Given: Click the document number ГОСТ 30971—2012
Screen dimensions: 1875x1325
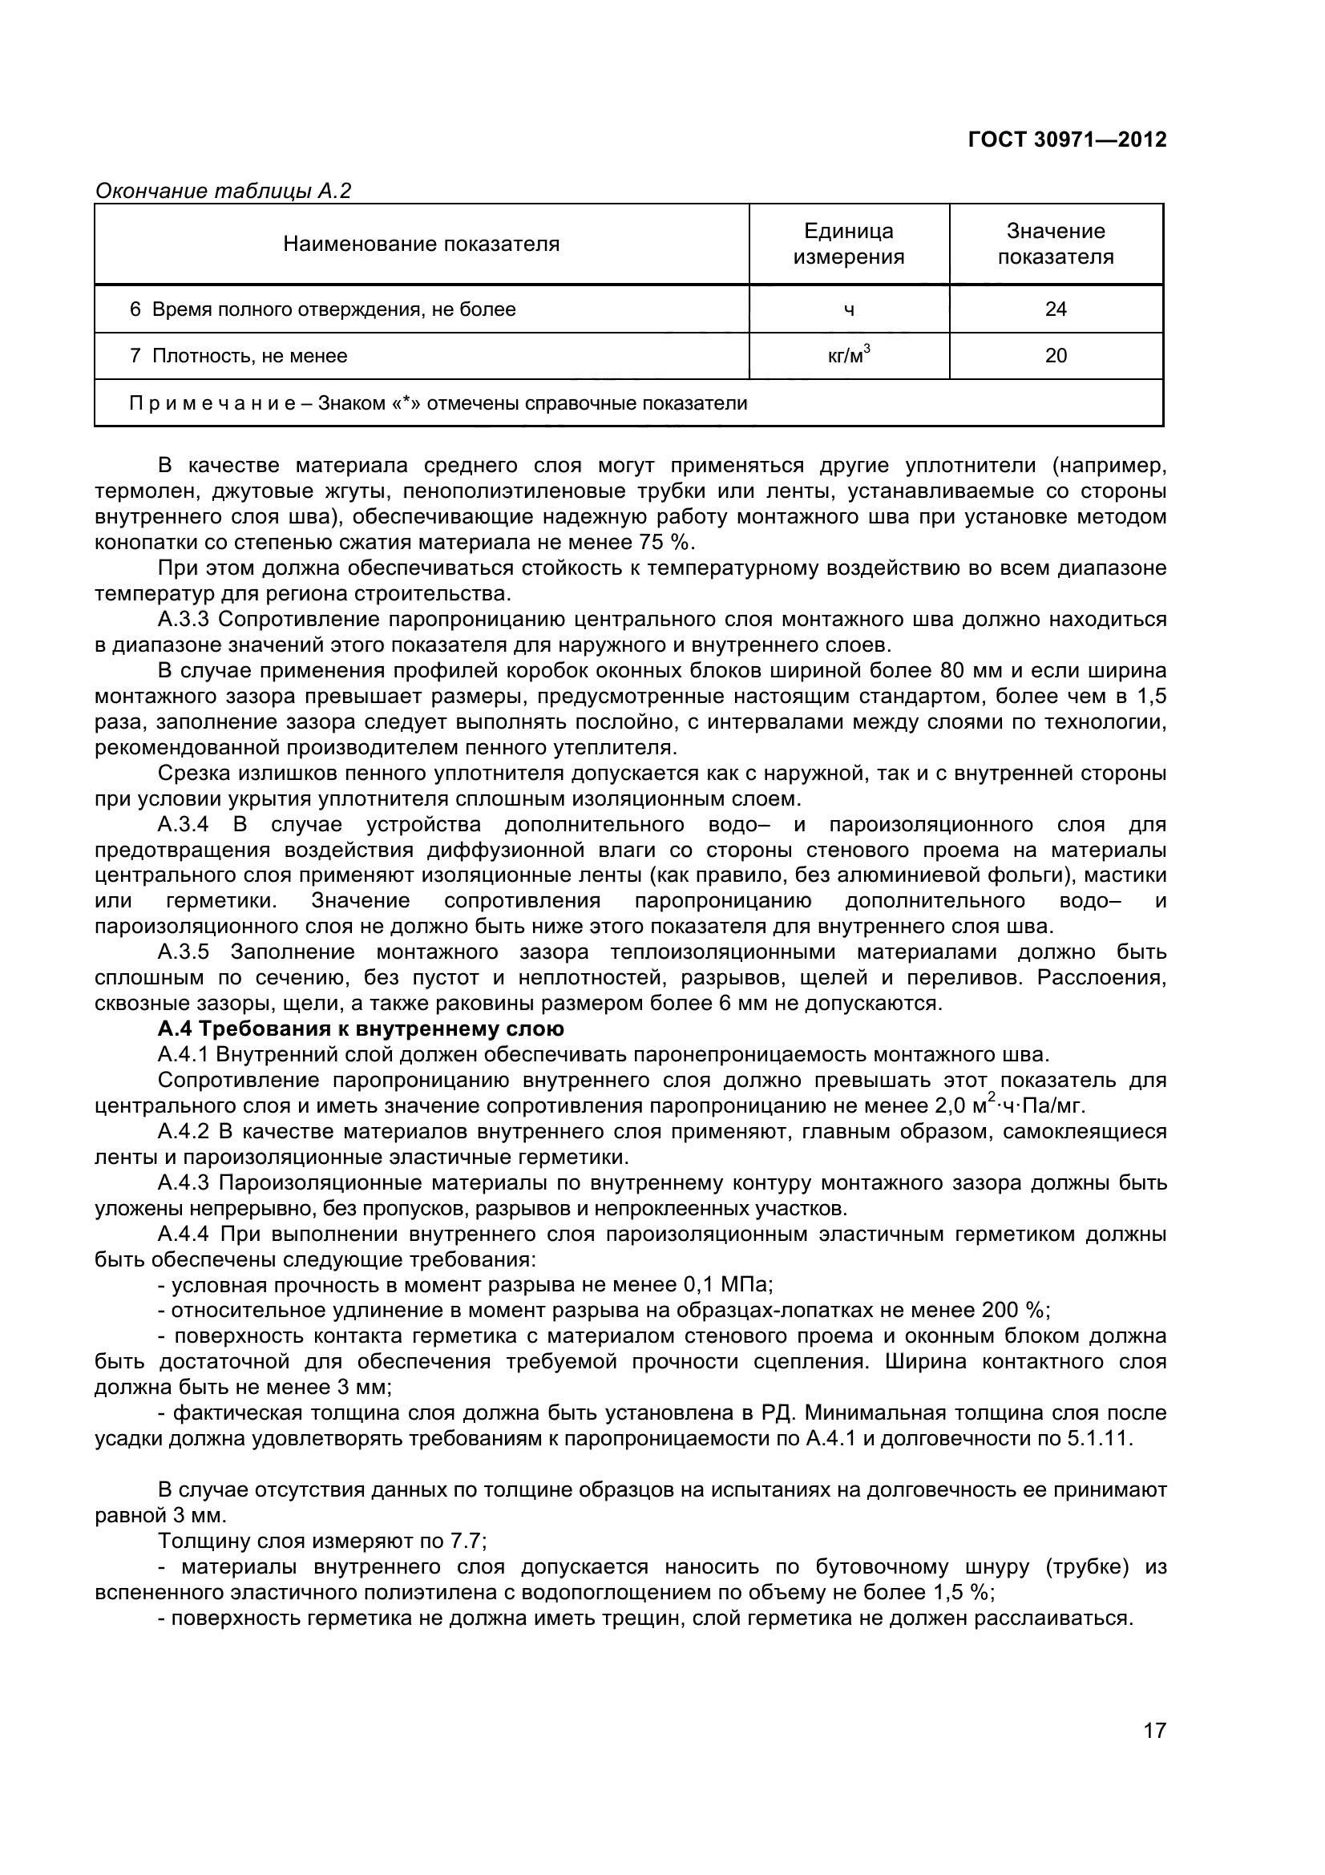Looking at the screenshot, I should point(1067,140).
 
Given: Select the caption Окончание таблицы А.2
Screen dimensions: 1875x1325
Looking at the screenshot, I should point(223,191).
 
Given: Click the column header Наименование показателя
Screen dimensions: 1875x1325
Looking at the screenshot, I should point(422,244).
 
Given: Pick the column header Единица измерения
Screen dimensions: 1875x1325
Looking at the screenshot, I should point(849,244).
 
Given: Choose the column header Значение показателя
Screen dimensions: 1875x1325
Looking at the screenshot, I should point(1056,244).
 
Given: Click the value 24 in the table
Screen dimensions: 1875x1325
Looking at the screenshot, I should point(1056,309).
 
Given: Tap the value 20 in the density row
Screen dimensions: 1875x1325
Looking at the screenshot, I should point(1056,356).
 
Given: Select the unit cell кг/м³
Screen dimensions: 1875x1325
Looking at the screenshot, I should point(849,355).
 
